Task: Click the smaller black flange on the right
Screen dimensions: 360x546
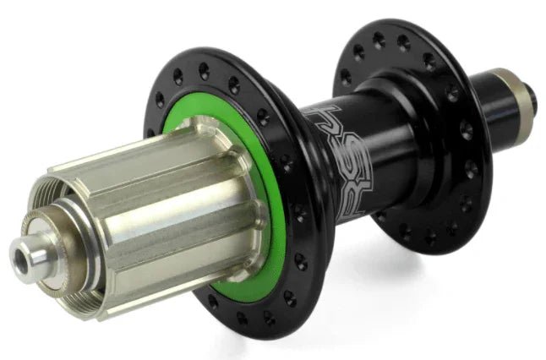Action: [448, 127]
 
